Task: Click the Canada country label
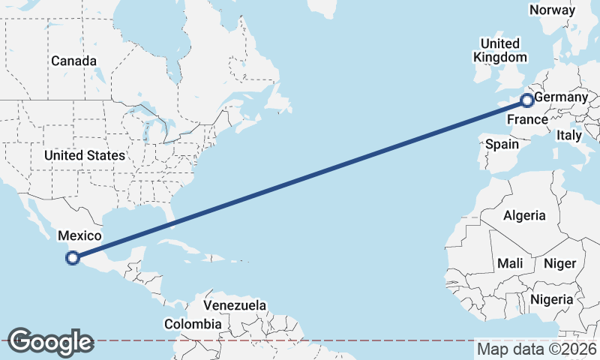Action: coord(73,61)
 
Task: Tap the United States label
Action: coord(84,155)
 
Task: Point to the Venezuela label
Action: coord(235,306)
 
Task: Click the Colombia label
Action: coord(193,325)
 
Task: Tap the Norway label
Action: coord(552,10)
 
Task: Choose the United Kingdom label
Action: coord(500,50)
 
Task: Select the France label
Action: coord(527,120)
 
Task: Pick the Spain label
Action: coord(502,144)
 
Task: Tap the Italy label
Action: coord(568,136)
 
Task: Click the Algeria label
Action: coord(524,216)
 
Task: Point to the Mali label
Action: coord(509,263)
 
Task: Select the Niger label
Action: coord(559,263)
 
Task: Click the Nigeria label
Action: coord(551,300)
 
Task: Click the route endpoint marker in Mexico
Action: coord(73,259)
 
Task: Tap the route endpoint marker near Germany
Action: coord(527,100)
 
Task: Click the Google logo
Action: coord(50,342)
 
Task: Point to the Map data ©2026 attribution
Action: coord(537,349)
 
